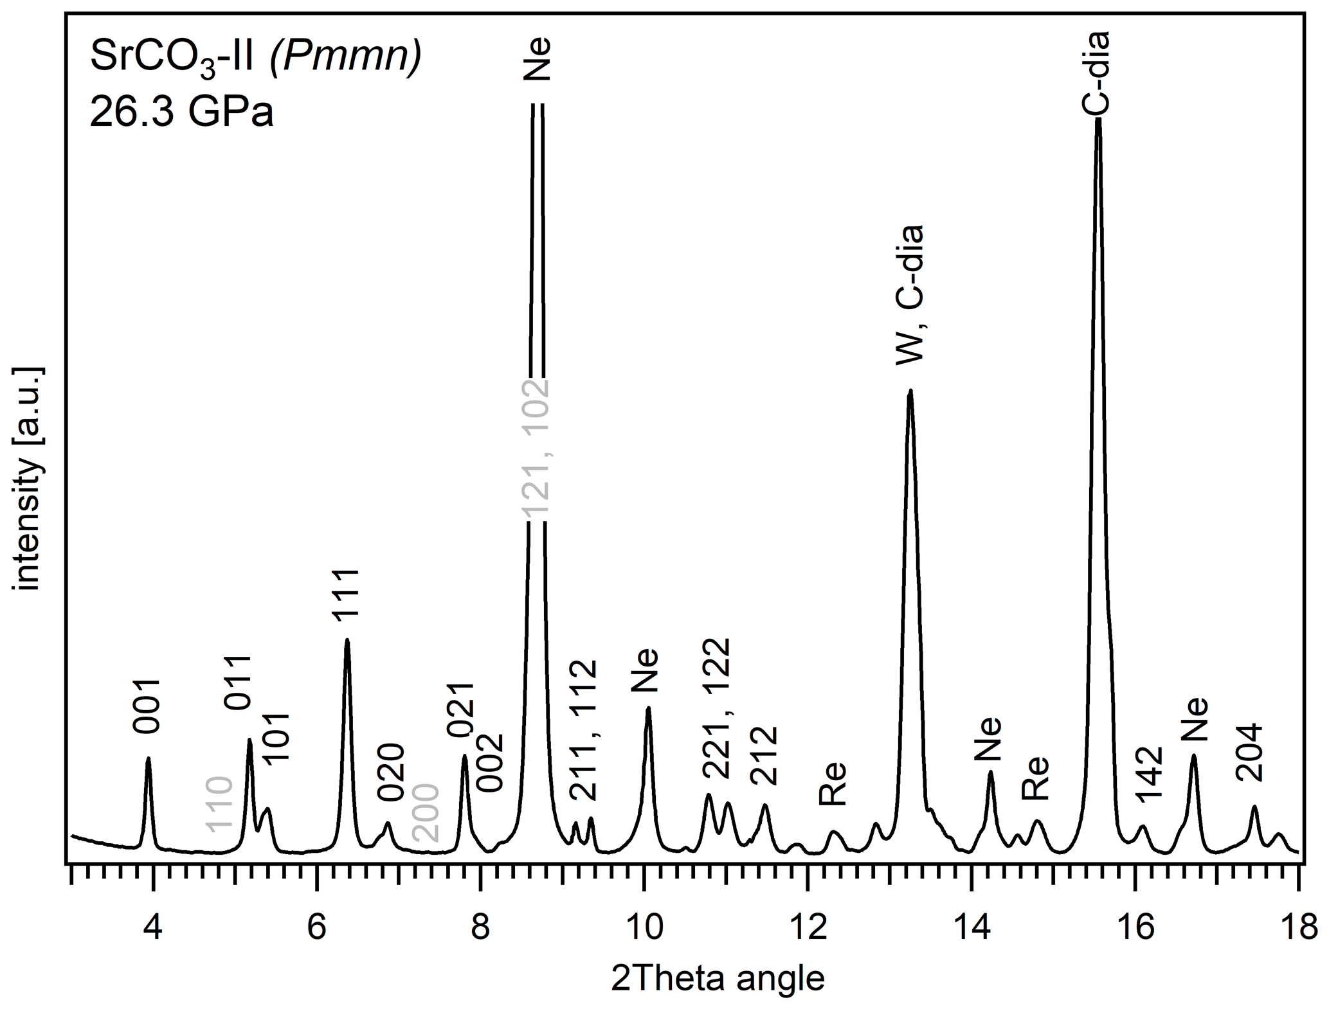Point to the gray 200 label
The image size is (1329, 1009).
pos(425,813)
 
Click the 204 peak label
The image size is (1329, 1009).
pos(1251,753)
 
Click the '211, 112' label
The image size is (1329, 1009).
pos(584,730)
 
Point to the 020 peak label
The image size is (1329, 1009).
pos(390,772)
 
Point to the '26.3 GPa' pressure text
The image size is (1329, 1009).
pos(182,114)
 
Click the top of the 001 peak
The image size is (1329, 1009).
pos(149,758)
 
